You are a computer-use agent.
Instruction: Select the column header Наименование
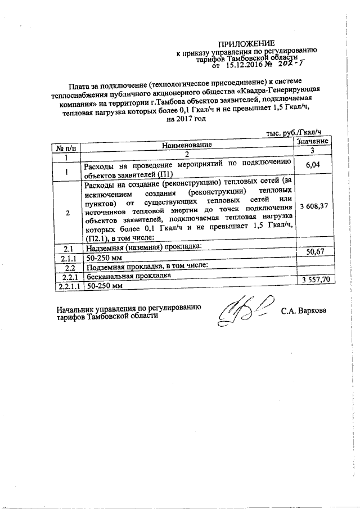[187, 145]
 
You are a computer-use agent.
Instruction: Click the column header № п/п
[66, 147]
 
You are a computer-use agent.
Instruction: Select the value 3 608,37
[313, 206]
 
